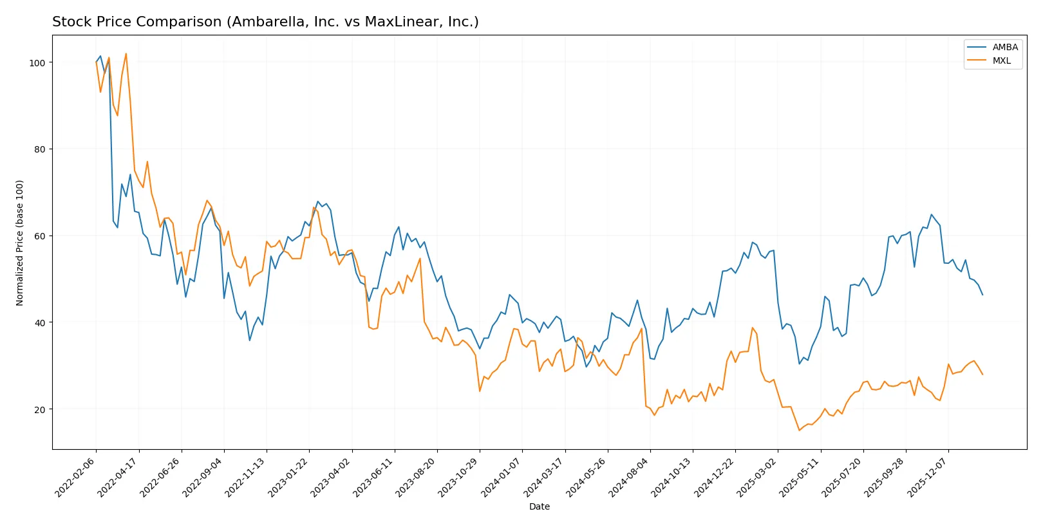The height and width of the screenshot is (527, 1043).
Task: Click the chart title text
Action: pyautogui.click(x=265, y=22)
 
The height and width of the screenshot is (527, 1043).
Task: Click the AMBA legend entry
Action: pyautogui.click(x=1004, y=47)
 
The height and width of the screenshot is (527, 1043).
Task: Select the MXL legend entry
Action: pyautogui.click(x=1001, y=60)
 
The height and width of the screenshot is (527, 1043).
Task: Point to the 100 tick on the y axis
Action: pyautogui.click(x=37, y=62)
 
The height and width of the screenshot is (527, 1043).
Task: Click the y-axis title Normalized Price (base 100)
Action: pyautogui.click(x=20, y=243)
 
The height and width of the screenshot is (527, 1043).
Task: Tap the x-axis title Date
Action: pyautogui.click(x=539, y=506)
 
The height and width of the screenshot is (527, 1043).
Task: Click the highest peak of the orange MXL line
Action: pyautogui.click(x=126, y=53)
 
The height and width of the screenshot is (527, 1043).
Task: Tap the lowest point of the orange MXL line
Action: pyautogui.click(x=799, y=430)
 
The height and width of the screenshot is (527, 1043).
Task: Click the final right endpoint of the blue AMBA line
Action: pyautogui.click(x=982, y=295)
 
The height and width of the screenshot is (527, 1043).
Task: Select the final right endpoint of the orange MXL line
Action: pyautogui.click(x=982, y=374)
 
